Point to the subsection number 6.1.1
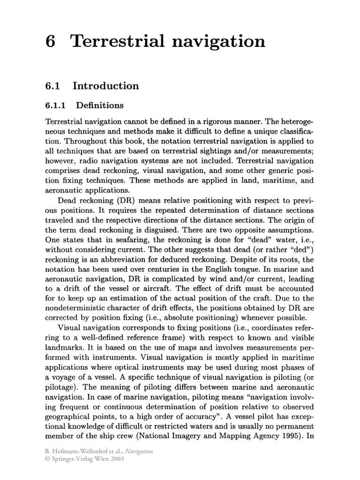[54, 105]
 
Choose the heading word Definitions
[100, 105]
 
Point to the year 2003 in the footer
[116, 459]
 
